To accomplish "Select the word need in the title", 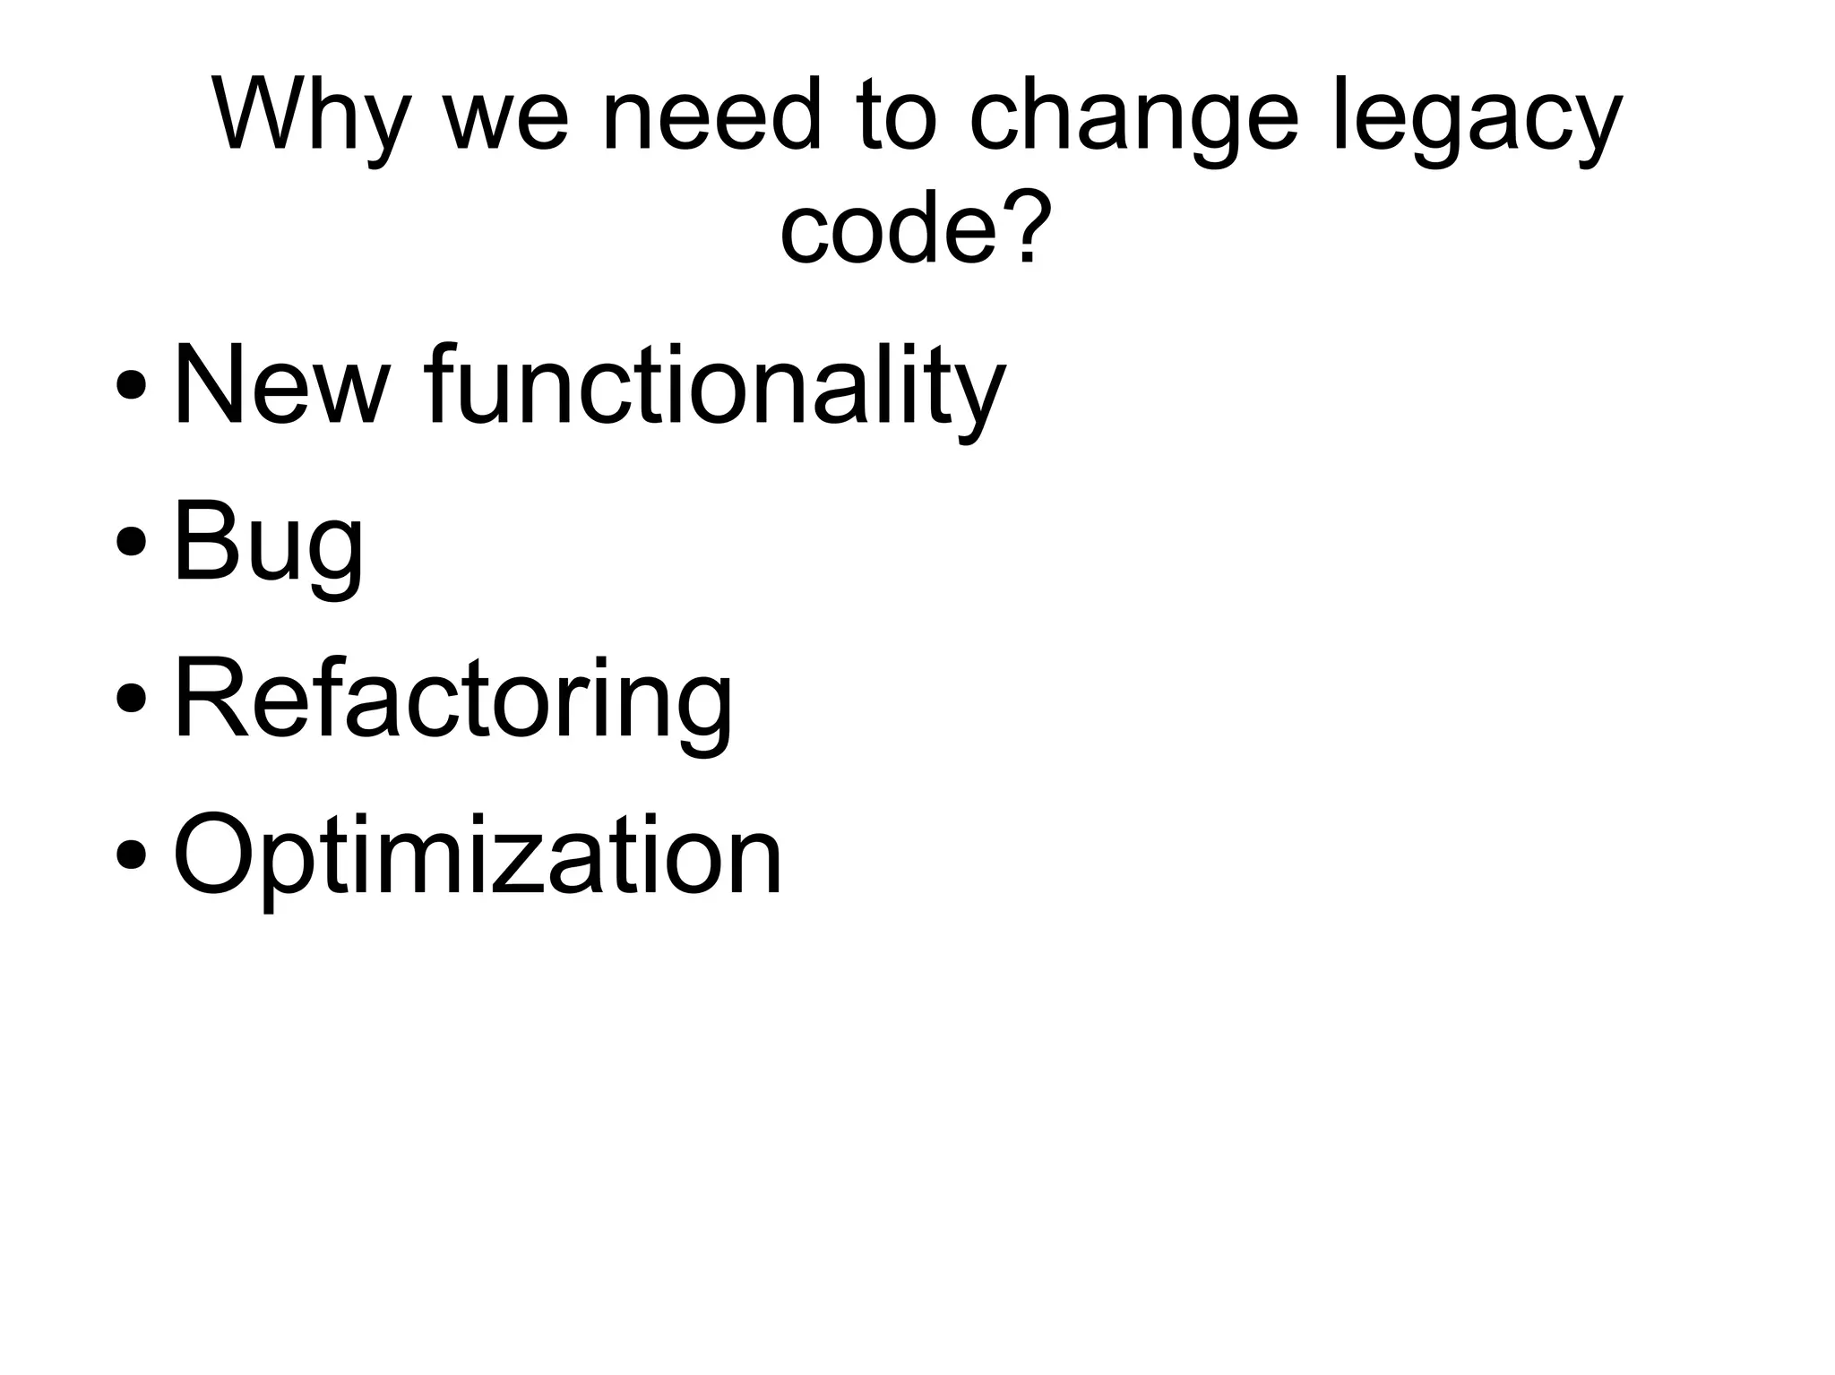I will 712,116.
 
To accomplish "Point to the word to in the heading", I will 895,116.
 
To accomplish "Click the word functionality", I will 716,390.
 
